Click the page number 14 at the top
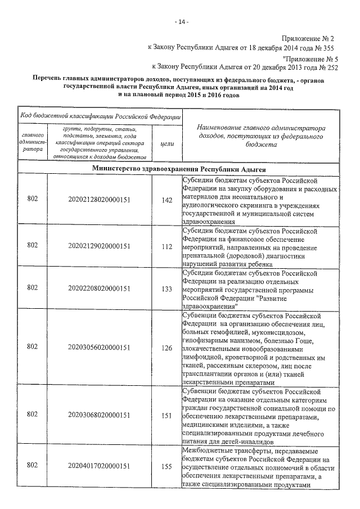tap(181, 22)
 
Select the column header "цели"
tap(167, 144)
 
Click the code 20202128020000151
tap(99, 200)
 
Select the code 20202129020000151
tap(99, 245)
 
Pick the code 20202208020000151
tap(99, 289)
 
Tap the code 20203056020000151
tap(99, 348)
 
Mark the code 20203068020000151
tap(99, 415)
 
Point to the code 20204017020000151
tap(99, 466)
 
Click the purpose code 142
tap(166, 200)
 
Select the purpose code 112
tap(166, 245)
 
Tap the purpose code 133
tap(166, 289)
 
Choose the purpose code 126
tap(166, 348)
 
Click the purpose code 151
tap(166, 415)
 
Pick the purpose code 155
tap(166, 466)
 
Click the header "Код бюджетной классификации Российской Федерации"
tap(100, 115)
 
